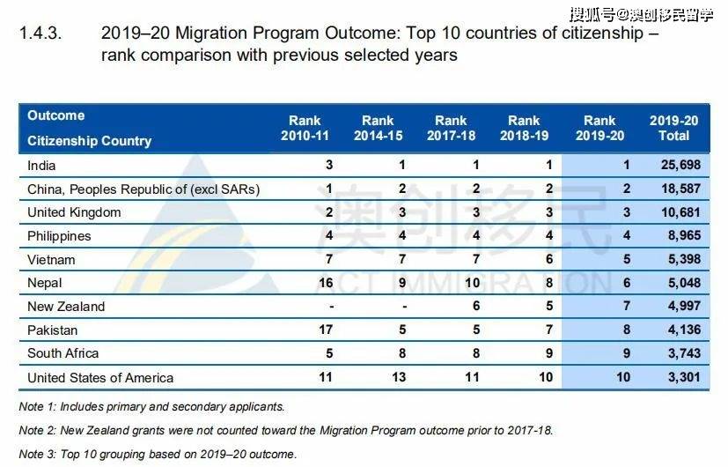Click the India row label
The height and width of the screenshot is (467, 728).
coord(43,165)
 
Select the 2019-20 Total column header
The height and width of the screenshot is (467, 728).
coord(673,129)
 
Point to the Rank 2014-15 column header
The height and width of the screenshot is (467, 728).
coord(378,129)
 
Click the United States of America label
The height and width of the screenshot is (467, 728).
coord(100,378)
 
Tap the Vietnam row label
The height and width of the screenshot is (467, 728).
coord(51,260)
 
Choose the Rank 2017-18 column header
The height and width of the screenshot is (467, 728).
coord(451,129)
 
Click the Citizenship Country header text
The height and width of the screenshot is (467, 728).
coord(89,141)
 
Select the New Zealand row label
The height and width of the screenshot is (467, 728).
coord(66,307)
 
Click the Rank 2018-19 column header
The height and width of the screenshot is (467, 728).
coord(524,129)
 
